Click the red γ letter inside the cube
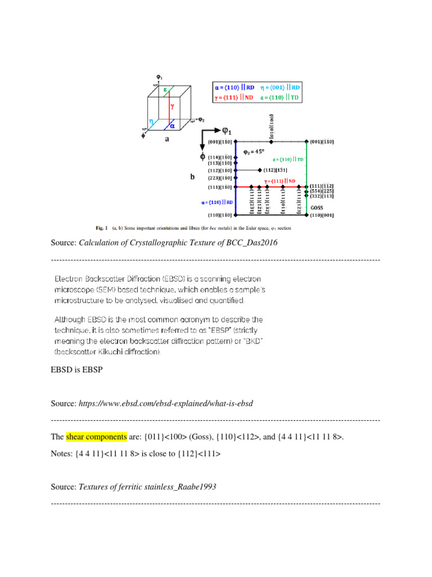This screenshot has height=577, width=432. tap(172, 105)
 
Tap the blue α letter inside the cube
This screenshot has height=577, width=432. tap(173, 126)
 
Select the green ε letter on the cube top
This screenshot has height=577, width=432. tap(165, 90)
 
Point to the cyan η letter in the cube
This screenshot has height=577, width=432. tap(151, 121)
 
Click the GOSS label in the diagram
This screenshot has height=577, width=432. tap(317, 207)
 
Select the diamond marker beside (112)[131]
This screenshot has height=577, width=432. tap(260, 170)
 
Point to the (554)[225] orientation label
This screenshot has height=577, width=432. tap(321, 192)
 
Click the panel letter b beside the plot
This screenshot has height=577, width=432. tap(192, 176)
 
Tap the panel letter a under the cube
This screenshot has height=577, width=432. tap(166, 141)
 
